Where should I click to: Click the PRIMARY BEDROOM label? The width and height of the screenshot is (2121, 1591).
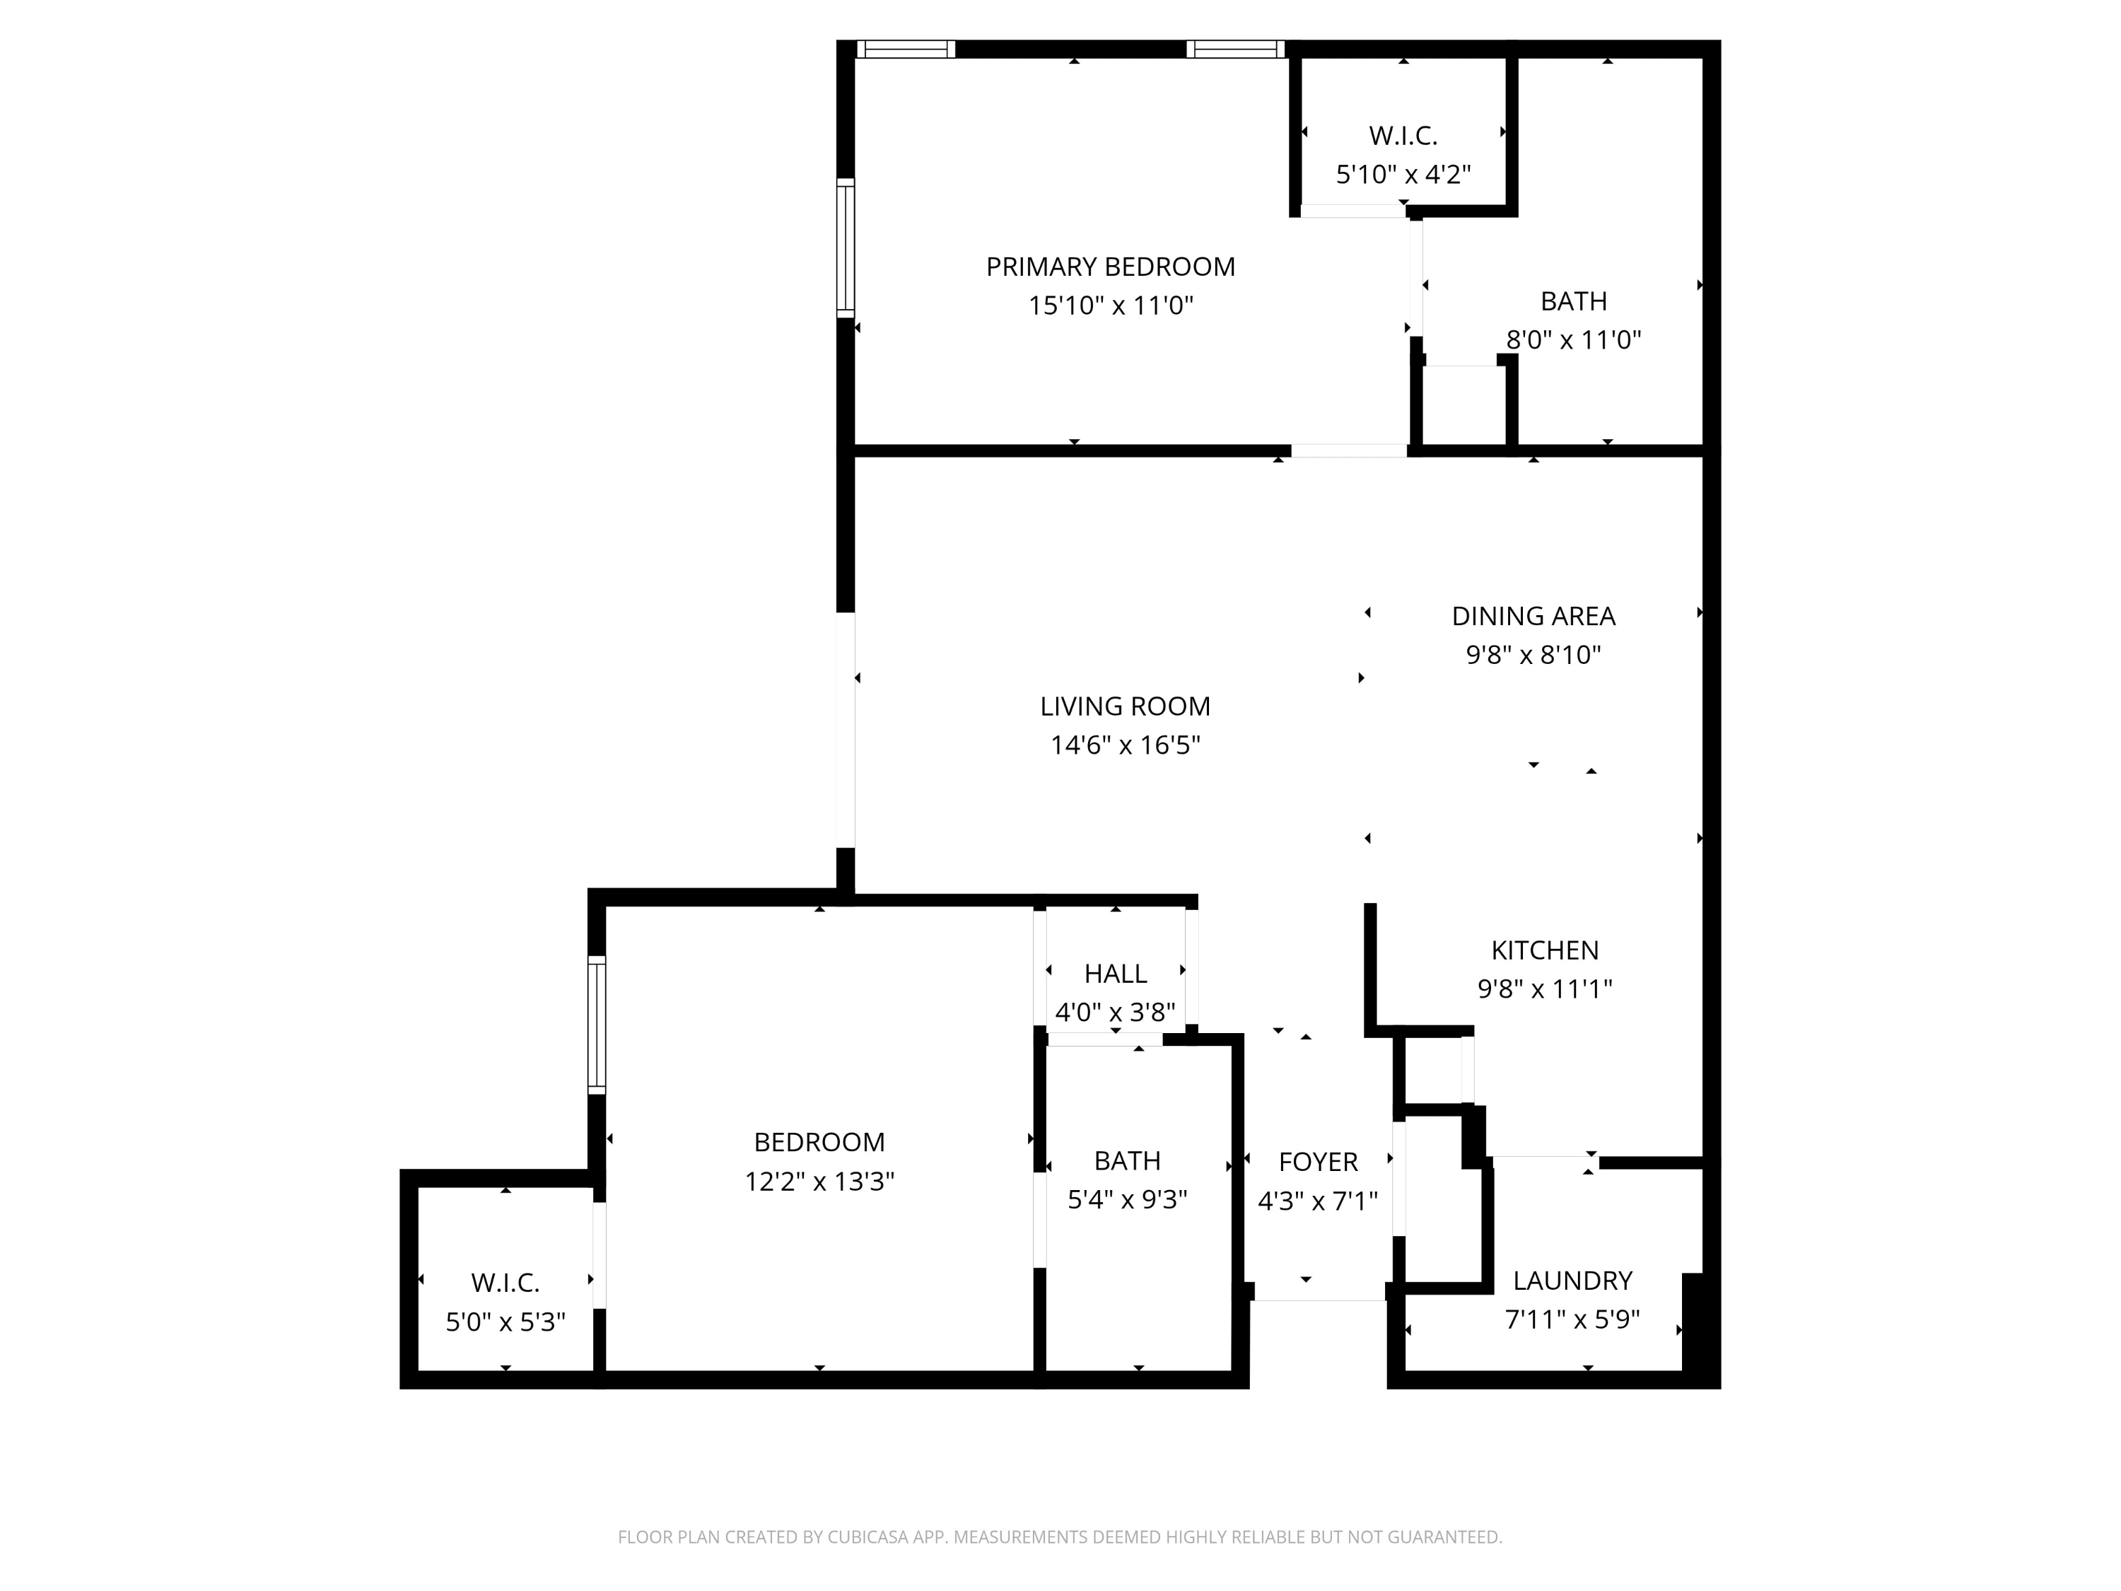[x=1111, y=267]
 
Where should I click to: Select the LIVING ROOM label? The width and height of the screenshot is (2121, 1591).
[x=1125, y=706]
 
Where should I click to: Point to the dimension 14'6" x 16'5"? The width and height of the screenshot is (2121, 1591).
[x=1125, y=745]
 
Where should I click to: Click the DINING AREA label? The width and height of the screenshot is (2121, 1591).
[x=1533, y=616]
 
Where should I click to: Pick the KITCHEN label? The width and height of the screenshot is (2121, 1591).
[x=1545, y=950]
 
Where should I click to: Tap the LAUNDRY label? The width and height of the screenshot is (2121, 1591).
[x=1572, y=1281]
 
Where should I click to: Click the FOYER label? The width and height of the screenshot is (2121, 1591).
[x=1317, y=1161]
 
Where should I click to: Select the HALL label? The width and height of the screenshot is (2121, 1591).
[x=1115, y=974]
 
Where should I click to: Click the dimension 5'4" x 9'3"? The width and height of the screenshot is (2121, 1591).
[x=1128, y=1200]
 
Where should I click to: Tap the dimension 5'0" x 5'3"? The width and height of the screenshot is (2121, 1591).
[x=506, y=1322]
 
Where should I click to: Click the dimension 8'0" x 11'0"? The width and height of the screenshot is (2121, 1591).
[x=1574, y=339]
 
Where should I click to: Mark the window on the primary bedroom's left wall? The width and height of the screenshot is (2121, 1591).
[x=845, y=247]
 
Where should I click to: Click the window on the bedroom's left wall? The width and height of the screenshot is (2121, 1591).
[x=597, y=1024]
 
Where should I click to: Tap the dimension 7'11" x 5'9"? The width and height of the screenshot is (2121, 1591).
[x=1572, y=1319]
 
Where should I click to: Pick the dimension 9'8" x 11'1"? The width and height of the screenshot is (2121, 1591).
[x=1545, y=989]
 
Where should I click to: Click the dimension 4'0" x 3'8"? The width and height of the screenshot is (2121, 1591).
[x=1115, y=1012]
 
